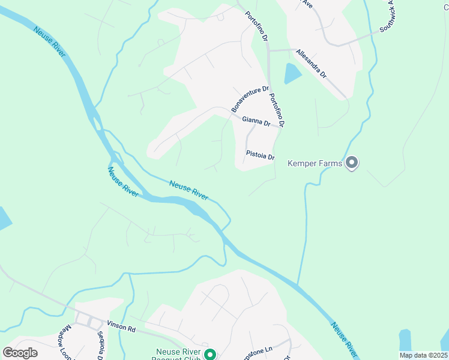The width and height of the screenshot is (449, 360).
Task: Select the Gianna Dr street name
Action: pos(256,121)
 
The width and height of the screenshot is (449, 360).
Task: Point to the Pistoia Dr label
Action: pos(260,155)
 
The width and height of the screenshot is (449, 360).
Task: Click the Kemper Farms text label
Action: pos(315,163)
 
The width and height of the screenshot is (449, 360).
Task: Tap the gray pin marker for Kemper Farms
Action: pos(352,163)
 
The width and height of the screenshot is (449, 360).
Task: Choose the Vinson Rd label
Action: pos(122,325)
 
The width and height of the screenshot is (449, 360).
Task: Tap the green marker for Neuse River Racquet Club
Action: pos(210,355)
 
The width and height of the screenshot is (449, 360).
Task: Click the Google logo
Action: pos(20,353)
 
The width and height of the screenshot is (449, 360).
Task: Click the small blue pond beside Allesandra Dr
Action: pos(292,73)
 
